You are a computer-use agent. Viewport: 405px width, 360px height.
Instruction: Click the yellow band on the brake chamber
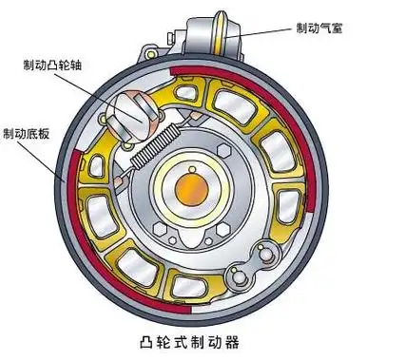click(x=229, y=39)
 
